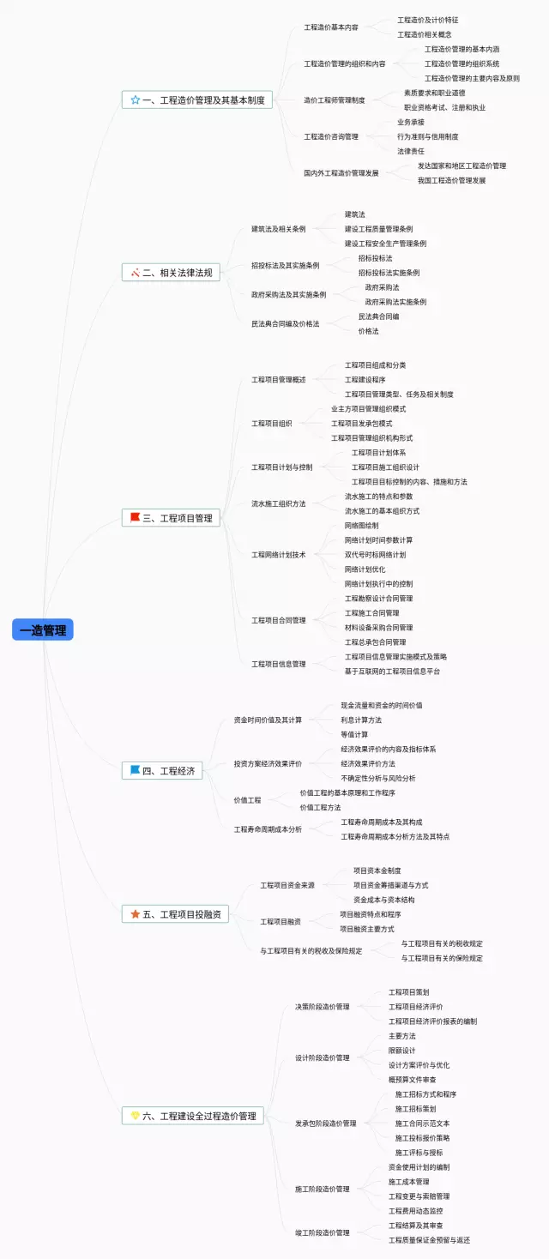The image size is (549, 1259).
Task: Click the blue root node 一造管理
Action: tap(43, 629)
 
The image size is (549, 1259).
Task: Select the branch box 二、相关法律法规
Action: tap(172, 273)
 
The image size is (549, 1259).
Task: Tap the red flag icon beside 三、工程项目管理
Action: tap(135, 517)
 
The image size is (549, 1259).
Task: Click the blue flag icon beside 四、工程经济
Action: tap(135, 770)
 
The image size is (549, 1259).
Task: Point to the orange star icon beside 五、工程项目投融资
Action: tap(135, 914)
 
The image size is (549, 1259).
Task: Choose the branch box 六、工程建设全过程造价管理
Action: tap(193, 1116)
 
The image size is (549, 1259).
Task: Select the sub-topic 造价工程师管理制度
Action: tap(334, 100)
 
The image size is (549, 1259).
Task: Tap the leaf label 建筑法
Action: tap(354, 214)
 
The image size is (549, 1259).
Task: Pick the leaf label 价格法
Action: tap(368, 331)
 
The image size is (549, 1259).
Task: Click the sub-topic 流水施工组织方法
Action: tap(278, 503)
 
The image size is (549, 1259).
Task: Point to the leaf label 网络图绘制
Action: tap(361, 525)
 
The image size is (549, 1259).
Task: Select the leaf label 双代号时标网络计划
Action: tap(375, 555)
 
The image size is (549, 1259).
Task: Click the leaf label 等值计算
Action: tap(354, 734)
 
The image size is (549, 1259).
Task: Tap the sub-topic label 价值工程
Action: tap(247, 800)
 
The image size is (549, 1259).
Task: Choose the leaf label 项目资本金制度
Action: tap(377, 870)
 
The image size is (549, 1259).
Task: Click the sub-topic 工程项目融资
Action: tap(281, 921)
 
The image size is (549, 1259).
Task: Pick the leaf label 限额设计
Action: tap(401, 1051)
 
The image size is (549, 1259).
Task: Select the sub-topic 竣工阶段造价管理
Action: tap(322, 1232)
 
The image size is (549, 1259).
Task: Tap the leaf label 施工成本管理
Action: tap(408, 1182)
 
